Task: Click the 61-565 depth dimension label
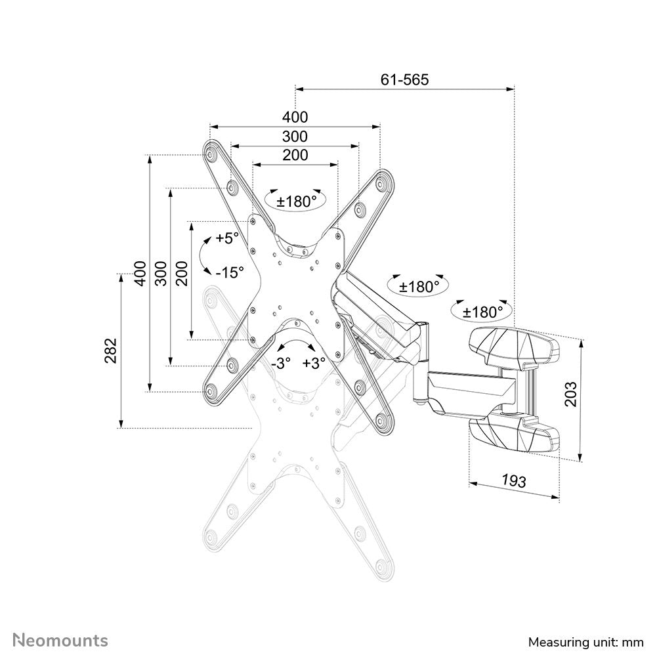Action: click(404, 80)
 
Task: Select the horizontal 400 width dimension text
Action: click(295, 117)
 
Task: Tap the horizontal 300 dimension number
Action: click(295, 137)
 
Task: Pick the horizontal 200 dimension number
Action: click(295, 156)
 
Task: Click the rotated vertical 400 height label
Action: click(139, 272)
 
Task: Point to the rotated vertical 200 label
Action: click(182, 272)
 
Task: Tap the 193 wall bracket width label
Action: click(513, 480)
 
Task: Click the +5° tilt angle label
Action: click(227, 238)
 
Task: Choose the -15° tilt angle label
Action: click(230, 270)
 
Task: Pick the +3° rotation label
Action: click(314, 364)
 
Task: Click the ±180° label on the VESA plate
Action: click(296, 202)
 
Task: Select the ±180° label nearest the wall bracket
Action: click(483, 312)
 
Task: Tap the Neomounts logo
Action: click(62, 639)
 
